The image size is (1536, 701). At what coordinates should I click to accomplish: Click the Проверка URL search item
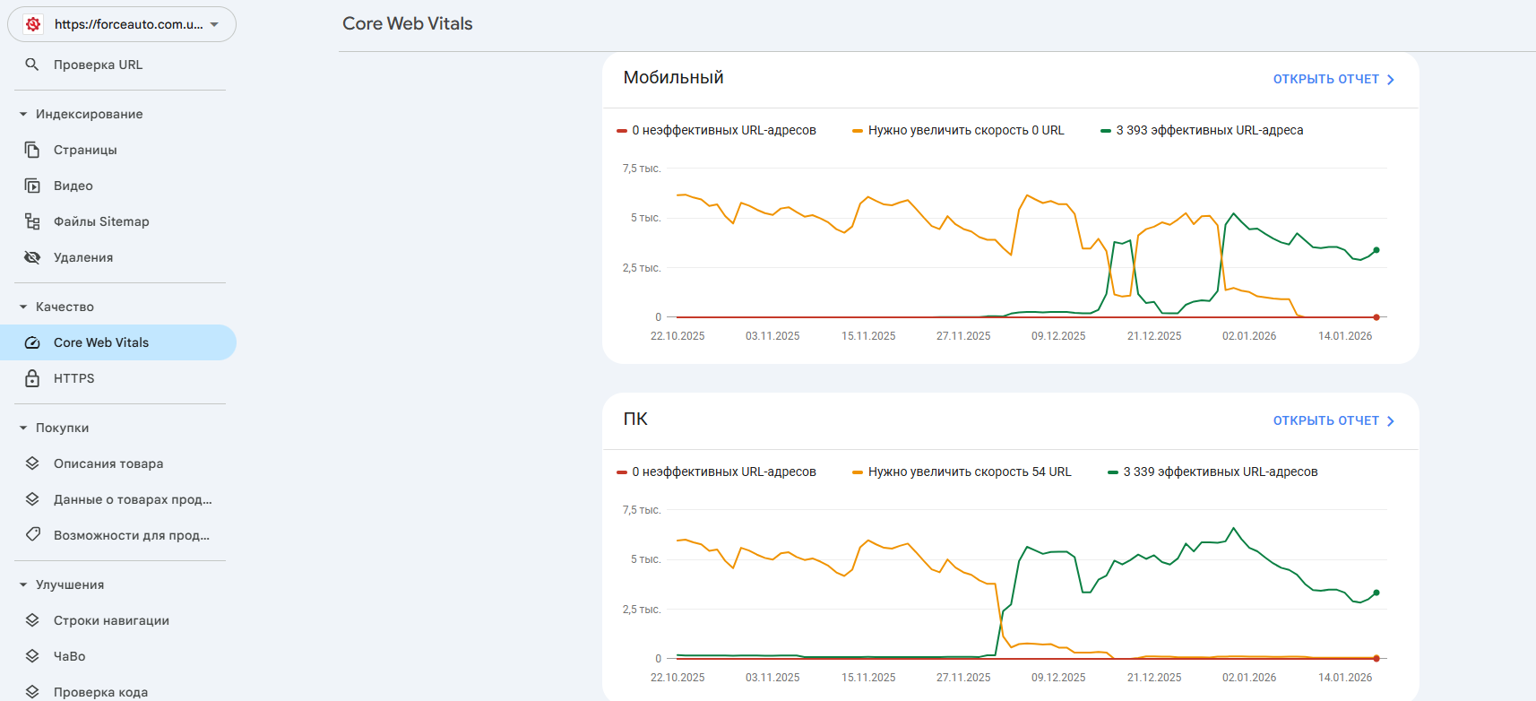click(98, 65)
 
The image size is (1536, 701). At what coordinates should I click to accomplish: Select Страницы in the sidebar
click(85, 150)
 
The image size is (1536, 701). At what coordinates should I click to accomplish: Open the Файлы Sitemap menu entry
click(101, 221)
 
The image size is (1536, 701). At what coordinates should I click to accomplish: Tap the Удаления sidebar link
click(83, 257)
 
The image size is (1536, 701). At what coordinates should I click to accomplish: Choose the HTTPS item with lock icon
click(73, 378)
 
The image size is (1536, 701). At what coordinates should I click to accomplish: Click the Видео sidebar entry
click(73, 186)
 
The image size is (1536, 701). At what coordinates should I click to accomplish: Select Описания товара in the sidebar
click(108, 463)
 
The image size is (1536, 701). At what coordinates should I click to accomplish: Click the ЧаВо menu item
click(70, 656)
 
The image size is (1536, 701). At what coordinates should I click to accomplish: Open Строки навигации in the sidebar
click(111, 620)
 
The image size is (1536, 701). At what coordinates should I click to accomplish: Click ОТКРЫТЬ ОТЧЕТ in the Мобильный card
click(1333, 79)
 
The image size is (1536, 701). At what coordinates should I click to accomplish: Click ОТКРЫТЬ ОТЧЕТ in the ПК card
click(1333, 420)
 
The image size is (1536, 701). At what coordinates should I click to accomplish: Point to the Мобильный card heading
click(673, 78)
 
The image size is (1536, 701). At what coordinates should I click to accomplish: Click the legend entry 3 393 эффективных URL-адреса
click(1209, 130)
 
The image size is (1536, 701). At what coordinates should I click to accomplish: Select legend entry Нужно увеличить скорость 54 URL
click(969, 472)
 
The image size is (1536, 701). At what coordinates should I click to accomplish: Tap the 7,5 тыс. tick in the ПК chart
click(642, 510)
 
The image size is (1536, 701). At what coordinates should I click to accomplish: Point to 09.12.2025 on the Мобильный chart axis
click(1058, 336)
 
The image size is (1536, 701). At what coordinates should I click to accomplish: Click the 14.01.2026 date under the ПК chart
click(1345, 678)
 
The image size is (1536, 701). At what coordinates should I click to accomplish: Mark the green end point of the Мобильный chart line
click(1376, 250)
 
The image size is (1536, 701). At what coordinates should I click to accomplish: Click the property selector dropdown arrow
click(214, 24)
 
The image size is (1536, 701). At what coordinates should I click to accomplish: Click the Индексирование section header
click(89, 114)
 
